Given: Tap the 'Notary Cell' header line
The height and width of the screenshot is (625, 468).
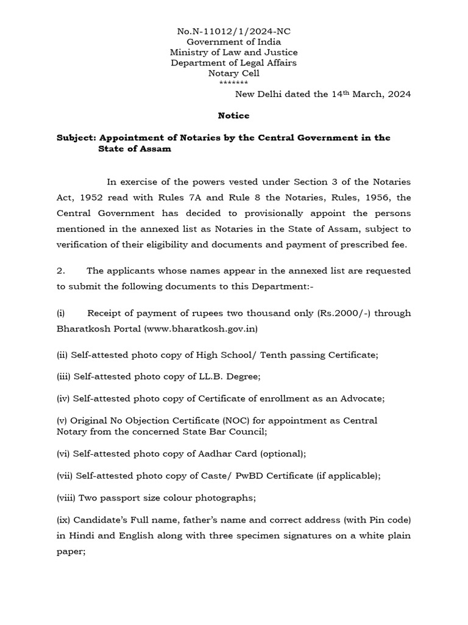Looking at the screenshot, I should pos(233,73).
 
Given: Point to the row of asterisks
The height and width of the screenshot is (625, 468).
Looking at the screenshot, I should pos(233,83).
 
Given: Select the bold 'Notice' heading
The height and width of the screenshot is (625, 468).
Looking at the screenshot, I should pos(233,115).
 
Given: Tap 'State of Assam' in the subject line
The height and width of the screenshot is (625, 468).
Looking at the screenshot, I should pos(134,149).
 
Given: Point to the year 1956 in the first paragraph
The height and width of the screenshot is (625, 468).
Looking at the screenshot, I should pos(378,198).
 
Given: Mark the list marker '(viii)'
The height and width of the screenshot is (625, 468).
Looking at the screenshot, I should pos(66,497).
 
